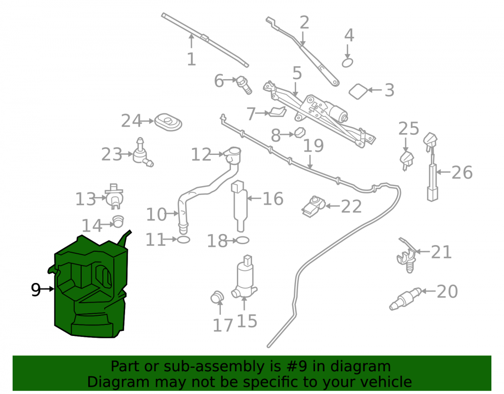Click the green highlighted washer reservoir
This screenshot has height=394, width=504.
tap(90, 290)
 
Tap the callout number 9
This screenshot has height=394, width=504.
tap(36, 290)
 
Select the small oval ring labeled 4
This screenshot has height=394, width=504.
tap(347, 63)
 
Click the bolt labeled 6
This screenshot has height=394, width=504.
tap(244, 85)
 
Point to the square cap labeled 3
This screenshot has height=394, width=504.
tap(358, 92)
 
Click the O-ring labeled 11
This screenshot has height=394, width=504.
tap(183, 239)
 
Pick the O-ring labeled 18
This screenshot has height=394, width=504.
tap(243, 240)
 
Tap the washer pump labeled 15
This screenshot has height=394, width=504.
tap(244, 277)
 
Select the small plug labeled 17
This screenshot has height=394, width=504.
tap(217, 297)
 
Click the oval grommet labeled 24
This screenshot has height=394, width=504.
tap(168, 122)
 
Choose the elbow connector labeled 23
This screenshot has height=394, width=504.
tap(142, 154)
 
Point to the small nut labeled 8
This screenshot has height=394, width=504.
tap(300, 132)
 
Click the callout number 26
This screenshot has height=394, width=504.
tap(462, 173)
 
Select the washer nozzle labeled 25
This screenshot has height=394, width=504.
tap(407, 161)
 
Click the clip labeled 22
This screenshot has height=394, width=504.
tap(313, 206)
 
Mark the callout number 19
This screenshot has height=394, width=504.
tap(313, 146)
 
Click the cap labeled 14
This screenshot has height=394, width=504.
tap(118, 221)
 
